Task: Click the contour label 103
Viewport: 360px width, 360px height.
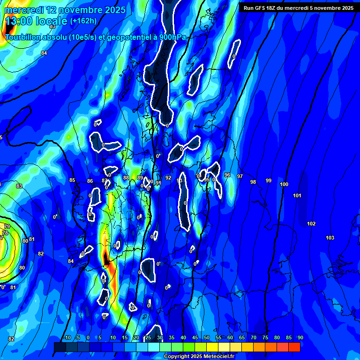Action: click(330, 238)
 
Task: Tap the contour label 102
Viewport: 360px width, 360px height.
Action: click(311, 224)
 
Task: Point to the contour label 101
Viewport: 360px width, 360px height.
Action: click(297, 195)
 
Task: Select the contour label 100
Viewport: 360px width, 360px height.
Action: click(284, 185)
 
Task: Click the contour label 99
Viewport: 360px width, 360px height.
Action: click(269, 180)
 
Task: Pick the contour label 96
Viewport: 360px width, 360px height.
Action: click(227, 175)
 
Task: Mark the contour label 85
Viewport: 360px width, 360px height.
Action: click(72, 180)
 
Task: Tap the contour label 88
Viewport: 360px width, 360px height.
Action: click(126, 178)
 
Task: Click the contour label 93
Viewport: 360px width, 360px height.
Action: click(180, 180)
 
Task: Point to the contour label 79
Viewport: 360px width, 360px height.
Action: click(7, 227)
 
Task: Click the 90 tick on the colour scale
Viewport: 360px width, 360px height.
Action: click(300, 337)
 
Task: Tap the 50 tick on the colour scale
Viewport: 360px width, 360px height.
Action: click(207, 337)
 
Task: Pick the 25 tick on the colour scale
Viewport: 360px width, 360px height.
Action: click(148, 337)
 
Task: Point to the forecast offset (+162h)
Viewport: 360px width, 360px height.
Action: click(83, 21)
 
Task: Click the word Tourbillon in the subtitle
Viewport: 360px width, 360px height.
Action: click(23, 37)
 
